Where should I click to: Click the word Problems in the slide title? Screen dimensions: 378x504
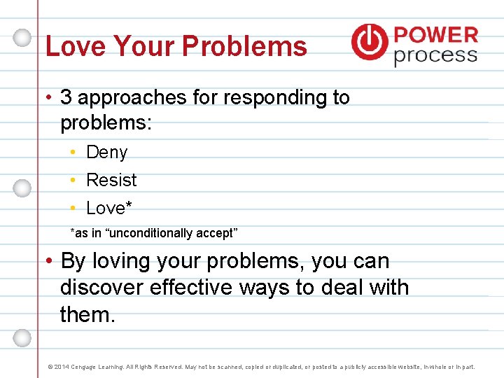244,47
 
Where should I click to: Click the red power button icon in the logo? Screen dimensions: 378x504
369,41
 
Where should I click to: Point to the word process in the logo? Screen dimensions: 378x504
435,55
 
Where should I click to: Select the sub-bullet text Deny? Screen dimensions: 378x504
106,152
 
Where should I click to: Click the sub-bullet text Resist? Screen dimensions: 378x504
111,180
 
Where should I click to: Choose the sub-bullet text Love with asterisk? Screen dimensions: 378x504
109,208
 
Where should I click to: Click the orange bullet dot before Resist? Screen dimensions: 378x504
73,181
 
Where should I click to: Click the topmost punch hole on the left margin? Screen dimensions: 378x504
22,36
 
